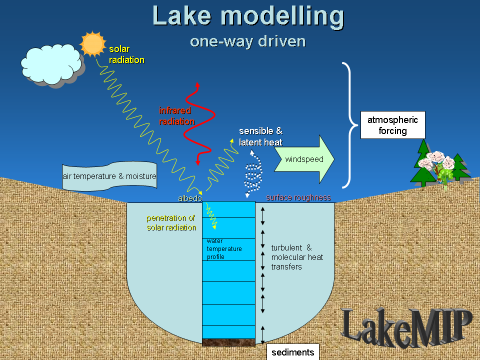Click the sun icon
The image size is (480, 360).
click(x=92, y=44)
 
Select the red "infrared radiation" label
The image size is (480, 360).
click(x=176, y=116)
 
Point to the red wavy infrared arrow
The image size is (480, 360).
click(x=200, y=125)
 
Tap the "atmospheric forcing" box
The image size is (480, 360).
click(x=392, y=125)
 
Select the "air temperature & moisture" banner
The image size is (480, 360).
click(x=109, y=176)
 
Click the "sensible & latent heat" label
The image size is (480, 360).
click(x=260, y=136)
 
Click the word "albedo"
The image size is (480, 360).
click(x=190, y=198)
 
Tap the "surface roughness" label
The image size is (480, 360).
click(x=298, y=197)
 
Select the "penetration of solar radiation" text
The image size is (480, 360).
click(x=171, y=223)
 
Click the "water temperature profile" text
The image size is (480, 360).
click(x=224, y=249)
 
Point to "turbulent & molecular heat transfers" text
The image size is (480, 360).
click(x=297, y=257)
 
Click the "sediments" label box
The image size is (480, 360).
click(x=292, y=352)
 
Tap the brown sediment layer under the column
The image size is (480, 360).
click(x=228, y=342)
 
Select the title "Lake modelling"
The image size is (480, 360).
click(x=248, y=16)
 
